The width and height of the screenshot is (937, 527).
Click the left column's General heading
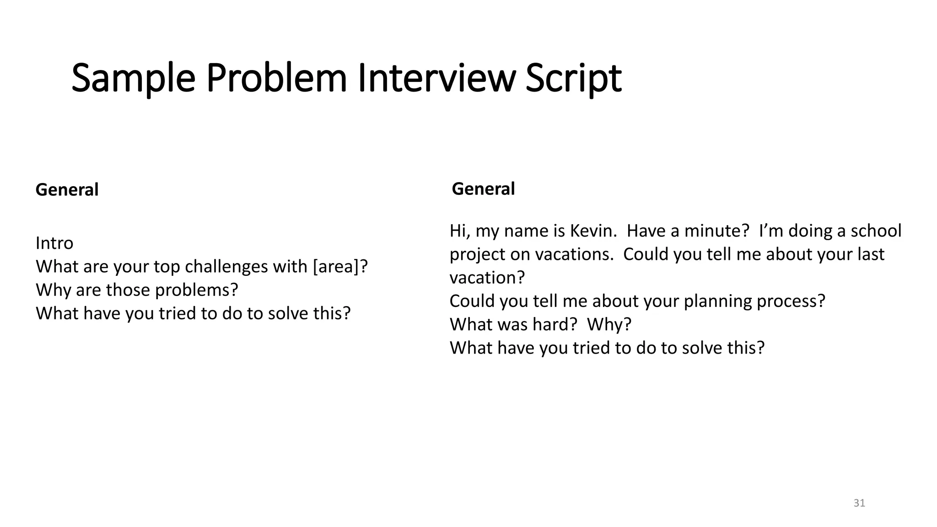pos(67,190)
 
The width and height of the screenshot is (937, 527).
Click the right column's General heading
pos(483,189)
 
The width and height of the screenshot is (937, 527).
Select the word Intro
pos(54,243)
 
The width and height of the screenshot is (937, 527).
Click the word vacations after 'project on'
pos(574,254)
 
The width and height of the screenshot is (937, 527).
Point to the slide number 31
pos(859,503)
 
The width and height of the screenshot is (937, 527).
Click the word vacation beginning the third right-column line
pos(486,278)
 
